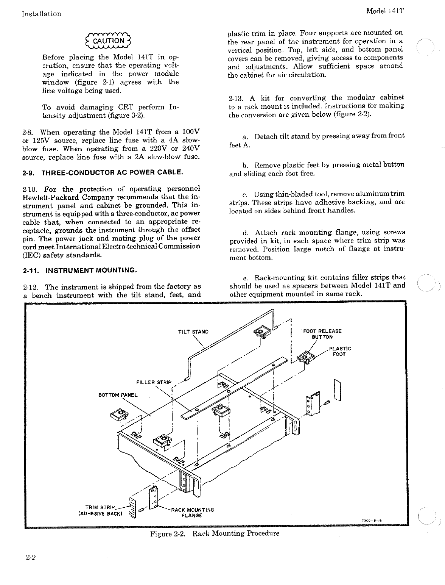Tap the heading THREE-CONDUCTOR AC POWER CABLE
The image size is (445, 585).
tap(103, 173)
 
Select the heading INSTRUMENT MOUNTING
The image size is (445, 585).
tap(79, 271)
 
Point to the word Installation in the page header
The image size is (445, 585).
tap(42, 14)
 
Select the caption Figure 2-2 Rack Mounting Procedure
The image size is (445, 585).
tap(215, 533)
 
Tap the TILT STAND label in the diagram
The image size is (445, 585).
tap(193, 332)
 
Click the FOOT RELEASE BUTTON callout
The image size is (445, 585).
tap(322, 334)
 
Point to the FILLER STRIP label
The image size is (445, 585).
tap(154, 382)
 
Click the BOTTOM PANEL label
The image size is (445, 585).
tap(118, 395)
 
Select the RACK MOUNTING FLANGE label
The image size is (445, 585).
tap(192, 512)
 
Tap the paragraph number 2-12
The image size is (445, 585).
tap(30, 287)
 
